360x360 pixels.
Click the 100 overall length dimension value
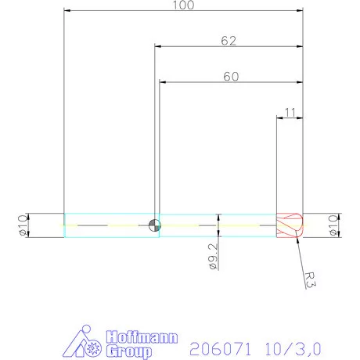[x=184, y=5]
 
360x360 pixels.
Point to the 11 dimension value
[x=290, y=113]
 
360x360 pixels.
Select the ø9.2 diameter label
[x=213, y=256]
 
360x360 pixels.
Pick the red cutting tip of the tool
[x=290, y=225]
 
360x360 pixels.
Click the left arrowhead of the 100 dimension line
[x=67, y=11]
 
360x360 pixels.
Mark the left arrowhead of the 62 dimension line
[x=159, y=46]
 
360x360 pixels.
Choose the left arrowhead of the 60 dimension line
[x=163, y=81]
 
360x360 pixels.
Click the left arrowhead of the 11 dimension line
[x=280, y=118]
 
